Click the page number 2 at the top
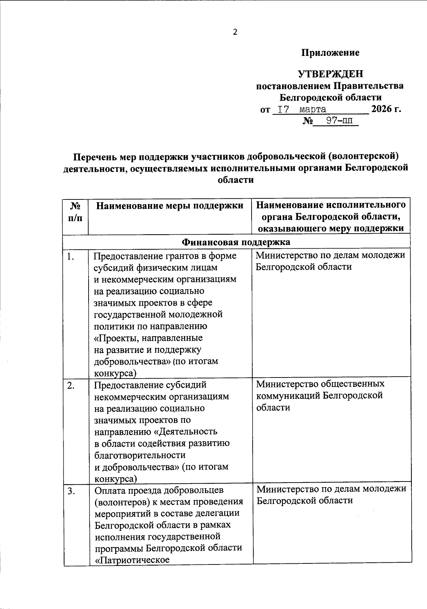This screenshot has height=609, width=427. [235, 32]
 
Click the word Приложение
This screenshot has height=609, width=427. [330, 53]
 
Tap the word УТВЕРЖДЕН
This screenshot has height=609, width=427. [330, 74]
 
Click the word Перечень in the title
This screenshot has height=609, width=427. [94, 157]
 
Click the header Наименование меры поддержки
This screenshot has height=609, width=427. [170, 205]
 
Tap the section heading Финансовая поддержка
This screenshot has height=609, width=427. [236, 242]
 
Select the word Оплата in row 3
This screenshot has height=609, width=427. [110, 490]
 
